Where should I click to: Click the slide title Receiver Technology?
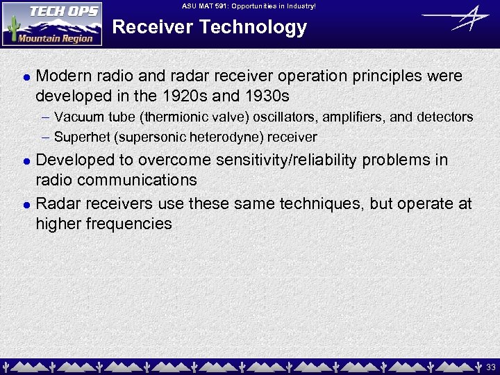209,28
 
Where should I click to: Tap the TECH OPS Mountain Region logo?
52,24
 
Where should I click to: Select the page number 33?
490,366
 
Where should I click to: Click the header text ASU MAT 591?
249,6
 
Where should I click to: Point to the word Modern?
63,76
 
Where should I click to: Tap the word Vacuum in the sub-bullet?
76,117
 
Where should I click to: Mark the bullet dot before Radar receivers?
26,205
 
